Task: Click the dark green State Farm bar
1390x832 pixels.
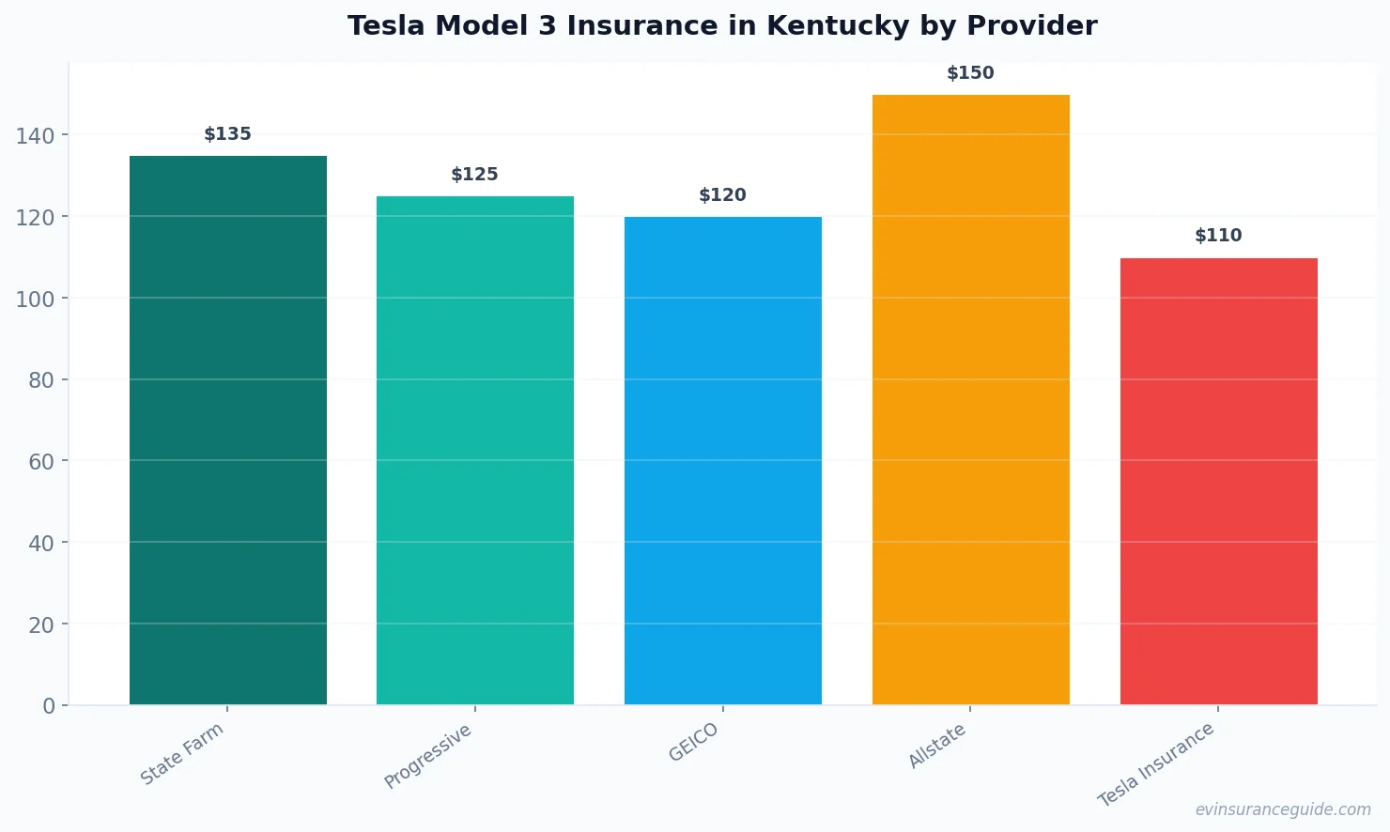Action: [228, 430]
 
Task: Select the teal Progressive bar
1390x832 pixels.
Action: [475, 451]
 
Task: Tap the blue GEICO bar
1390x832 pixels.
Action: [723, 460]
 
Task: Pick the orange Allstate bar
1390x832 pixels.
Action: [971, 399]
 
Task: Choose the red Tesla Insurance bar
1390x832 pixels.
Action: [1218, 481]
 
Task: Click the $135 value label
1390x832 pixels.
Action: [228, 134]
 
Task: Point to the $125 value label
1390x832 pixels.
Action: [475, 175]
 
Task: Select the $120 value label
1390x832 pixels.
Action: [723, 195]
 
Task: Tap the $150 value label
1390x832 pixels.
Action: [970, 73]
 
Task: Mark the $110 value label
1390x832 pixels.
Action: [1218, 236]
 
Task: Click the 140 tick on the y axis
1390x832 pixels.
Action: [36, 136]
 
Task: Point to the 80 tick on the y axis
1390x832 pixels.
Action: [41, 380]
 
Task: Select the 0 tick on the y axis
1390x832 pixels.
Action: [49, 706]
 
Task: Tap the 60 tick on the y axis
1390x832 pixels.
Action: [41, 462]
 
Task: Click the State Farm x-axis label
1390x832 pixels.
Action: [182, 753]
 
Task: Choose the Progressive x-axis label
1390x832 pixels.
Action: [428, 756]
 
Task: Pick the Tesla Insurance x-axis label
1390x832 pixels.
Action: [1156, 764]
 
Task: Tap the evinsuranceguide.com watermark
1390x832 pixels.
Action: [1283, 809]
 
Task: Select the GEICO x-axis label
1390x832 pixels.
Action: [694, 742]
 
